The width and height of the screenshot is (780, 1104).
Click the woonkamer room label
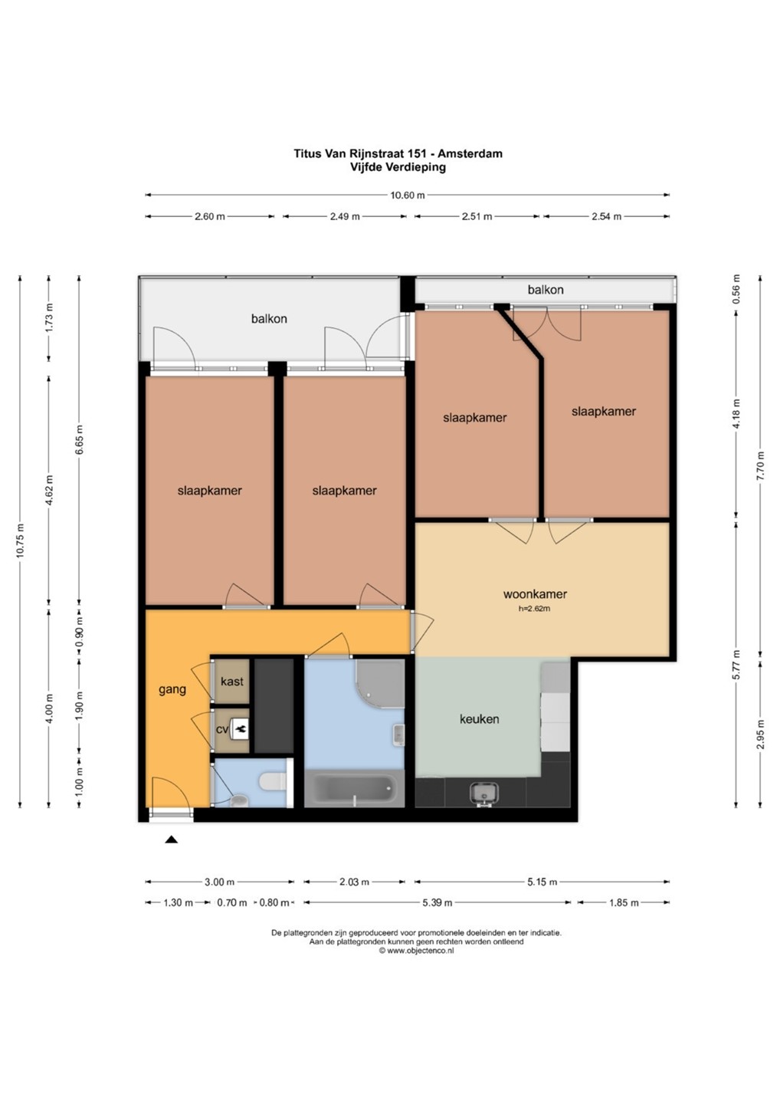point(535,594)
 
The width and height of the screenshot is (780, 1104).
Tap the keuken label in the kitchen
point(479,719)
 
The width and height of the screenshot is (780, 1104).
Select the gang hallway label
point(172,689)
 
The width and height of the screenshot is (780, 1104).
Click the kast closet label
point(232,682)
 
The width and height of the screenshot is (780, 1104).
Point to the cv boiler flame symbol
point(241,729)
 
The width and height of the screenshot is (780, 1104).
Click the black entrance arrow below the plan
point(171,839)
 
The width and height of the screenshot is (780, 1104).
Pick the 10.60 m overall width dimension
point(407,195)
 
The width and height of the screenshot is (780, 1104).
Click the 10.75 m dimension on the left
point(20,540)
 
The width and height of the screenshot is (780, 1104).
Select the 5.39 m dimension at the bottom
point(438,903)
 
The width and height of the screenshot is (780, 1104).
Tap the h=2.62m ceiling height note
point(534,609)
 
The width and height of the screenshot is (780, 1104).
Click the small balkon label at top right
point(546,290)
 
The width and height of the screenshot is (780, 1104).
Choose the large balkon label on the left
point(269,319)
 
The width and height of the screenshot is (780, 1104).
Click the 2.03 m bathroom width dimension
point(355,882)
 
